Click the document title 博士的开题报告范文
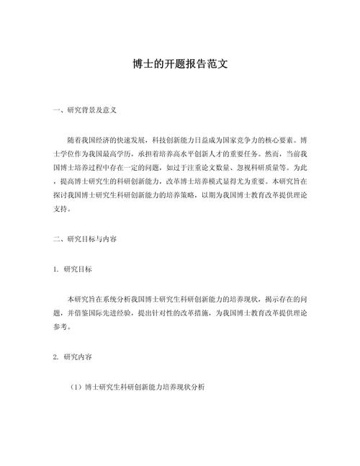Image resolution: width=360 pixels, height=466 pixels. coord(180,64)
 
